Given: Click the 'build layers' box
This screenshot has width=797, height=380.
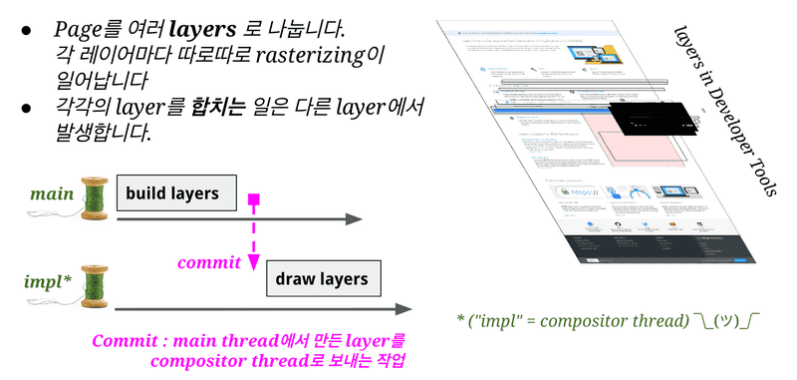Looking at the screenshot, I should pyautogui.click(x=178, y=191).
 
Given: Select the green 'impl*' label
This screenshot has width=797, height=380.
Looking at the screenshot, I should pyautogui.click(x=47, y=281).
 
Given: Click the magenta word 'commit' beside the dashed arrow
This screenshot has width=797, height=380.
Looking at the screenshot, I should pyautogui.click(x=208, y=263).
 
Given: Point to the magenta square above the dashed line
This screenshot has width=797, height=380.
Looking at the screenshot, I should pyautogui.click(x=254, y=202).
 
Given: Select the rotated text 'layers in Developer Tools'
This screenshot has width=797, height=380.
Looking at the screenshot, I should pyautogui.click(x=723, y=111).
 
